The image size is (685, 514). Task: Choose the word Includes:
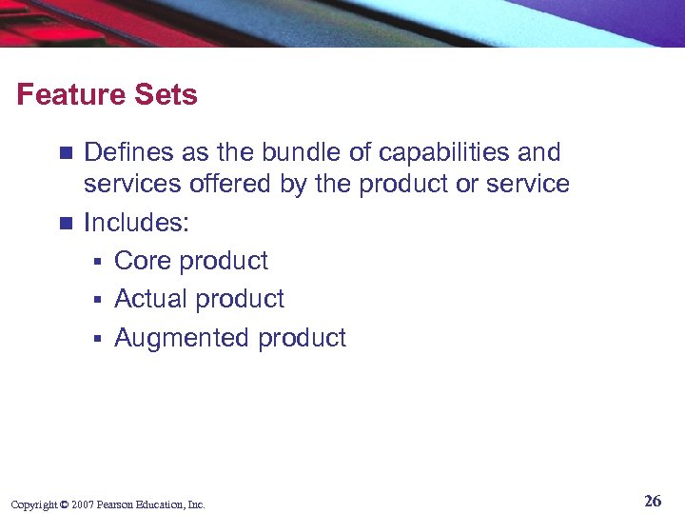(137, 223)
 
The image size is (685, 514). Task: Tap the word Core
(143, 261)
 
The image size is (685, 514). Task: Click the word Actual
(148, 299)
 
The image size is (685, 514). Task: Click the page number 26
(652, 501)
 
